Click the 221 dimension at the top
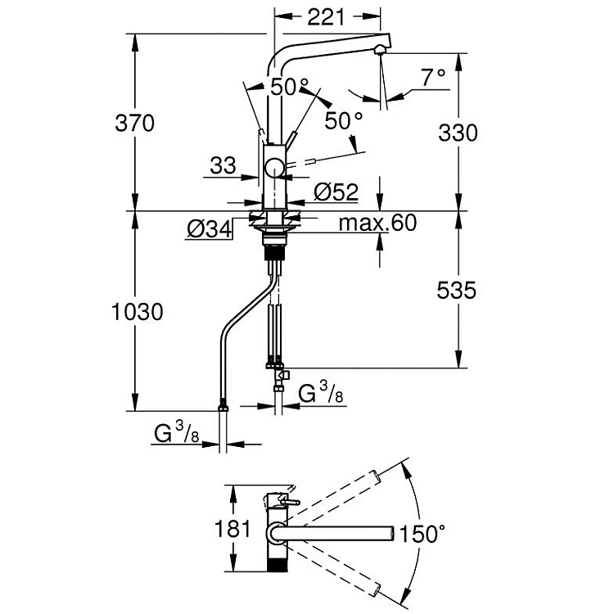[x=326, y=18]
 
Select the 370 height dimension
[x=135, y=123]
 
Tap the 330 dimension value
[x=458, y=133]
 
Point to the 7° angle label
[x=433, y=77]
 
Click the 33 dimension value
[x=223, y=165]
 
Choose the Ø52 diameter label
[x=336, y=192]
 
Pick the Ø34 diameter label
[x=209, y=228]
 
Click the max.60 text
[x=377, y=223]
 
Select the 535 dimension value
[x=457, y=290]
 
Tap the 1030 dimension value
[x=137, y=312]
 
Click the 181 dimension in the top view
[x=233, y=528]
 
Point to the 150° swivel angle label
[x=422, y=534]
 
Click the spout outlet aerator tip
[x=380, y=50]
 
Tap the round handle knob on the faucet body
[x=275, y=169]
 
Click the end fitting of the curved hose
[x=223, y=406]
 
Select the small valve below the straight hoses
[x=282, y=375]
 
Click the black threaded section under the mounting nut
[x=275, y=251]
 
